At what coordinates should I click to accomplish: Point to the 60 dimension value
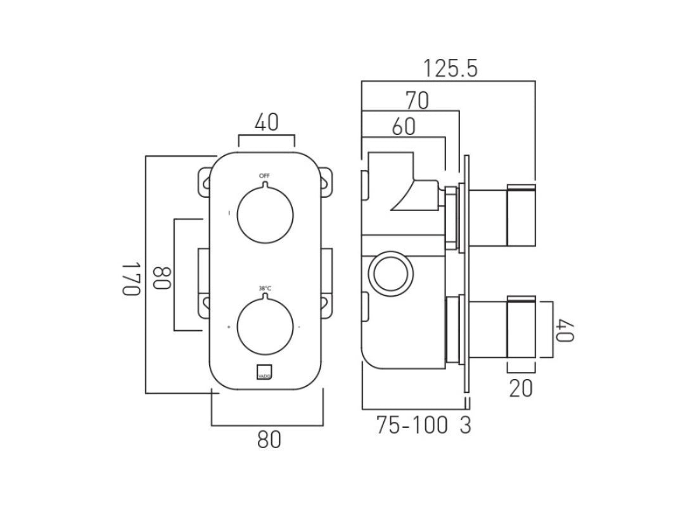tap(404, 127)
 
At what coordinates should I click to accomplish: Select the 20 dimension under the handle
tap(521, 387)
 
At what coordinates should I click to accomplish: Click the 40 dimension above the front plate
tap(267, 123)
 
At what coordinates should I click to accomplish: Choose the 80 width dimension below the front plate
tap(269, 439)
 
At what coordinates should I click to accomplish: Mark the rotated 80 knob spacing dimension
tap(162, 276)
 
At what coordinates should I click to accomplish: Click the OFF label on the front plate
tap(264, 175)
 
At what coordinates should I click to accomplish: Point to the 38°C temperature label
tap(265, 289)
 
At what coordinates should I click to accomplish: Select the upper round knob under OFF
tap(265, 214)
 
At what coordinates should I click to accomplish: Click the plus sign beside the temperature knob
tap(228, 328)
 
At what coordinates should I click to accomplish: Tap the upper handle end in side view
tap(521, 215)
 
